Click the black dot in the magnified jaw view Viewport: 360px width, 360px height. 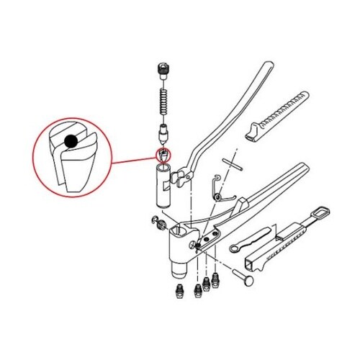tap(70, 141)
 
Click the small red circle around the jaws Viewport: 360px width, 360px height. tap(163, 154)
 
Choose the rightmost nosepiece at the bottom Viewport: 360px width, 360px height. tap(214, 276)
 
